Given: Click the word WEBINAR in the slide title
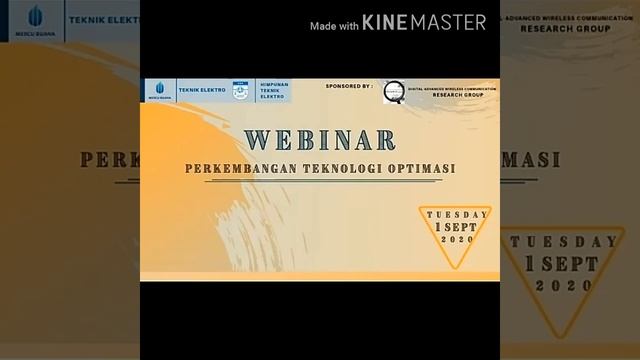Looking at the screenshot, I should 319,140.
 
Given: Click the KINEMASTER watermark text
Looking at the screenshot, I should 424,22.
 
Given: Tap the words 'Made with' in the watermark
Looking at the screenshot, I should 334,26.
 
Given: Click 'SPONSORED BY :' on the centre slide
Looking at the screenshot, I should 349,87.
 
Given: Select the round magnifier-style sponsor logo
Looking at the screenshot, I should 394,91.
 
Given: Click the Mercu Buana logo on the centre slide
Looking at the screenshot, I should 159,91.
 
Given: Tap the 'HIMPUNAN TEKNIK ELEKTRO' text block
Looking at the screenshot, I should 269,91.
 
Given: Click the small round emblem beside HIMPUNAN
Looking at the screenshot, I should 239,91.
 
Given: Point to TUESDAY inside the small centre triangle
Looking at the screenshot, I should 457,215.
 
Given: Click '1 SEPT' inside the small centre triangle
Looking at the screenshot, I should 457,227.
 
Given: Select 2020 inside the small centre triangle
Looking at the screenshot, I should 457,240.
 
